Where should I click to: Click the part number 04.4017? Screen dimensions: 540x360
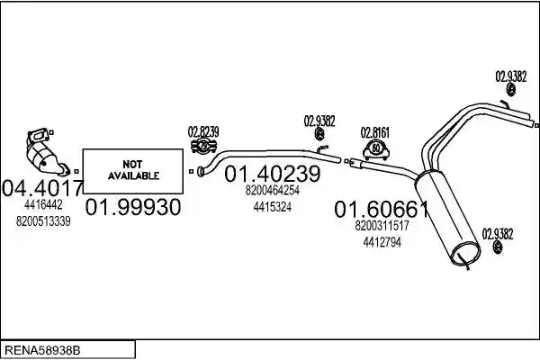[42, 188]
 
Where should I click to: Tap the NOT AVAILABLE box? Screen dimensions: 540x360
[133, 171]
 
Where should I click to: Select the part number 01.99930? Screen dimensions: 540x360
[133, 207]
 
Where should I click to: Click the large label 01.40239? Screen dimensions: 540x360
[273, 174]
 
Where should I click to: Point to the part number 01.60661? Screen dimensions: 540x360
[382, 209]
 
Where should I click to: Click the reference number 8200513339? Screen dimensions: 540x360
[43, 221]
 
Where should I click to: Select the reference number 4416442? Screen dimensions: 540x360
[43, 205]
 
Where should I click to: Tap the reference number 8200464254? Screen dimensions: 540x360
[273, 190]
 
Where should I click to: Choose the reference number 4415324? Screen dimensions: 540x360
[273, 207]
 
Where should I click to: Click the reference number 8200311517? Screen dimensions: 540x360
[382, 226]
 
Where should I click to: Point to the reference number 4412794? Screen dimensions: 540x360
[382, 242]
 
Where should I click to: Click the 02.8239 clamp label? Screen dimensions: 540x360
[203, 132]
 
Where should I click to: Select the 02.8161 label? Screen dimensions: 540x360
[375, 132]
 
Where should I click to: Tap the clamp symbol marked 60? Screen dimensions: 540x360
[376, 149]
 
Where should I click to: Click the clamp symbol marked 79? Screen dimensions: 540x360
[203, 146]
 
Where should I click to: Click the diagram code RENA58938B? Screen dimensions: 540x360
[42, 350]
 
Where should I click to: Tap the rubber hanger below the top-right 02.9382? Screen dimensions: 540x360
[511, 90]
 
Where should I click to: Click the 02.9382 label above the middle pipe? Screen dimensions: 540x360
[319, 121]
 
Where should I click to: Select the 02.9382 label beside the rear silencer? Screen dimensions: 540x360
[498, 234]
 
